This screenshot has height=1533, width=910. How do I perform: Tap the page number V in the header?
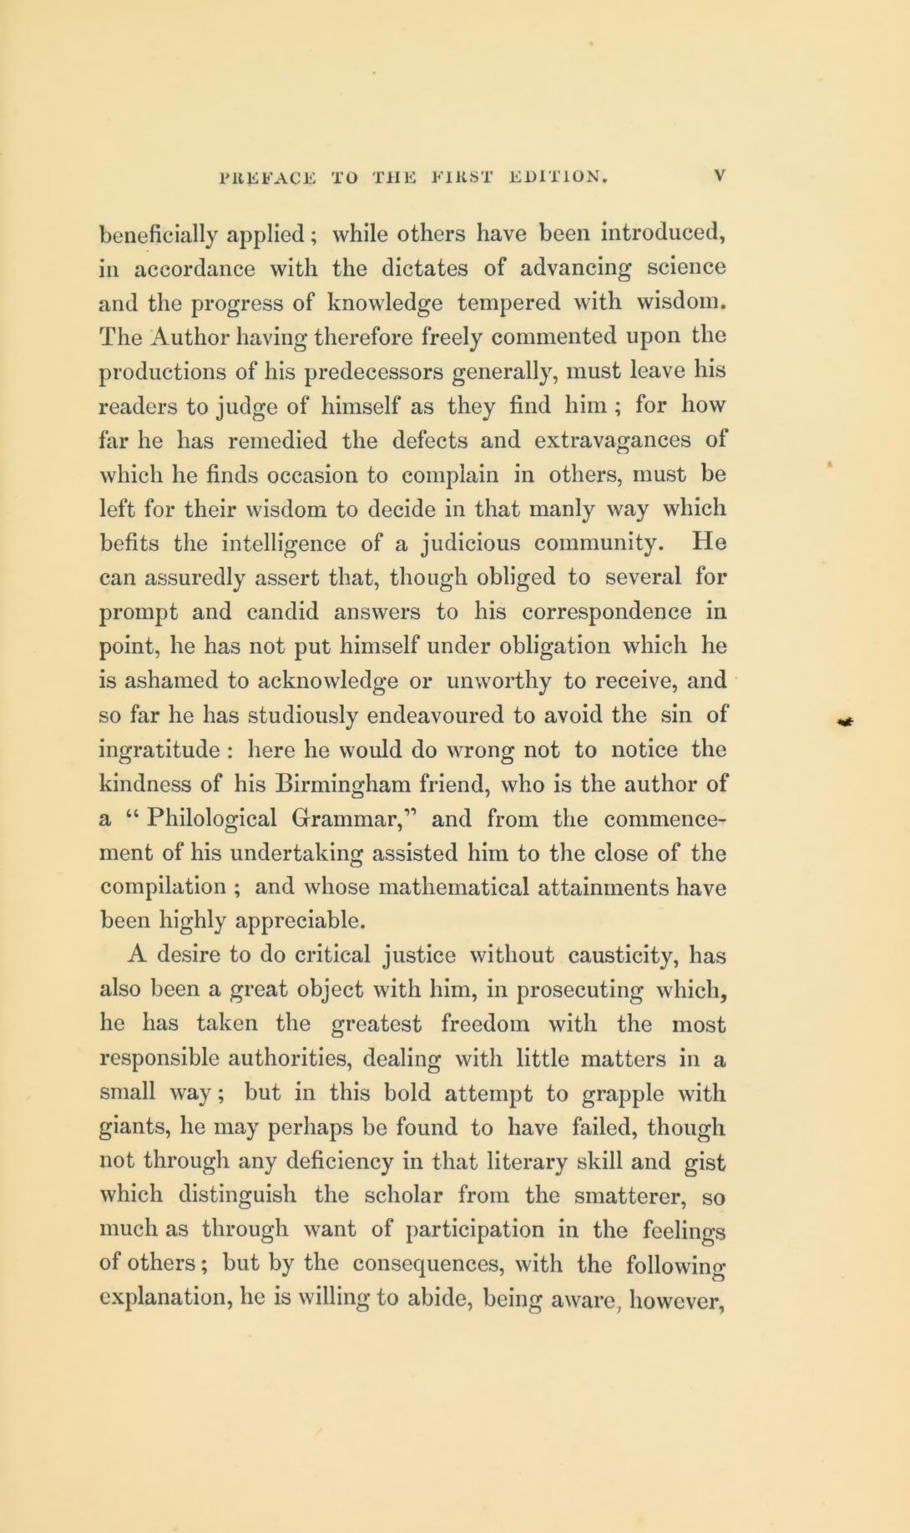click(720, 176)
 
